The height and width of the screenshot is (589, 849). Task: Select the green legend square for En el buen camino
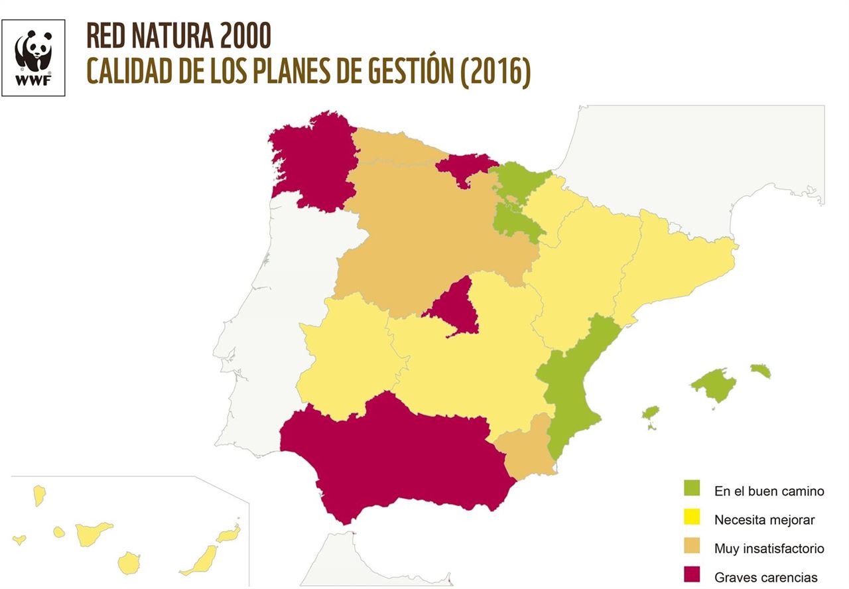(692, 488)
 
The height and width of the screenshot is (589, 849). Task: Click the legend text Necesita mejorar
(764, 520)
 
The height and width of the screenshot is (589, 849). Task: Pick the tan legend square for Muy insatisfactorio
(692, 547)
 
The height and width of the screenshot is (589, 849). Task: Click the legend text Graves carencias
(765, 577)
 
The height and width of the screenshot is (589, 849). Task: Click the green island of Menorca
(761, 370)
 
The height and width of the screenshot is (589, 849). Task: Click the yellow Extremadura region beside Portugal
(345, 358)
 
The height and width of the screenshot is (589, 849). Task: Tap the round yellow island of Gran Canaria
(129, 563)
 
